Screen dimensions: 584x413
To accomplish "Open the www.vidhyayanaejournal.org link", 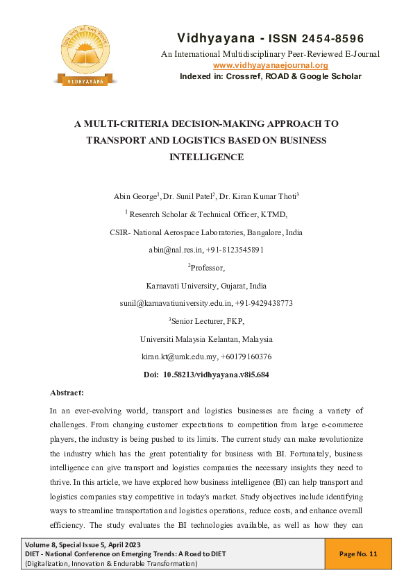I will (270, 65).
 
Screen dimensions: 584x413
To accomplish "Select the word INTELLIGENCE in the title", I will (206, 157).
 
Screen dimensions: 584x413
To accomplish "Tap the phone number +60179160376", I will (246, 357).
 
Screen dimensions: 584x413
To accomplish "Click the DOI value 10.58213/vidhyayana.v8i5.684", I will (216, 375).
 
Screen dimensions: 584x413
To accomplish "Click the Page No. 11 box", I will (358, 553).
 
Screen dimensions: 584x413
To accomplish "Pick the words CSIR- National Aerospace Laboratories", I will (173, 232).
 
